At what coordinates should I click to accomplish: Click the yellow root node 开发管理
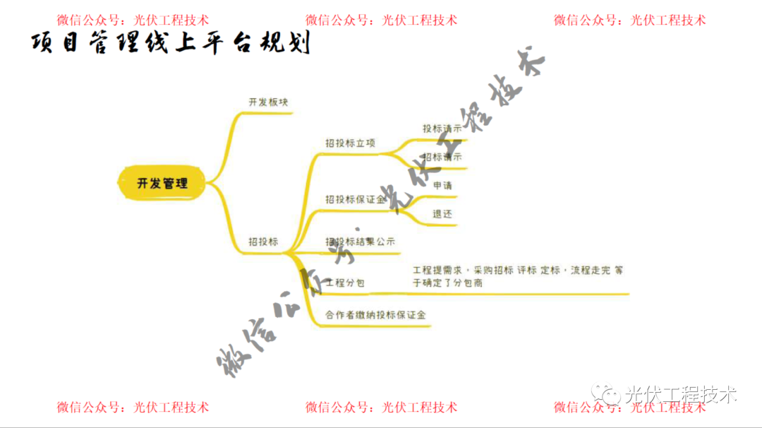pos(162,184)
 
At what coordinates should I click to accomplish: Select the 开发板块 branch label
pos(268,102)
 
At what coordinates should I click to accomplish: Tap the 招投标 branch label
pos(263,242)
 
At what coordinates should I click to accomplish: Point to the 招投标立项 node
pos(350,143)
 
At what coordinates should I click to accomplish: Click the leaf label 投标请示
pos(442,129)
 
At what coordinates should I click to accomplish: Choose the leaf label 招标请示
pos(442,157)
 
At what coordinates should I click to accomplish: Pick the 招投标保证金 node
pos(355,200)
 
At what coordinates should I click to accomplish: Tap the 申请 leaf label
pos(442,186)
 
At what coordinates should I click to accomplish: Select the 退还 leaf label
pos(442,213)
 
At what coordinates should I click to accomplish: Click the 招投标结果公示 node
pos(360,242)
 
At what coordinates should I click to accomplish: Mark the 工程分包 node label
pos(345,283)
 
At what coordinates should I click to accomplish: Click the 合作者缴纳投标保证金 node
pos(375,315)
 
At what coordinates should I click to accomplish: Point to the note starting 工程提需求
pos(518,276)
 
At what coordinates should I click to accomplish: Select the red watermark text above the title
pos(133,20)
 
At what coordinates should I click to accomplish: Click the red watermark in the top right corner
pos(629,20)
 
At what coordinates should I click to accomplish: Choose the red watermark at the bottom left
pos(133,407)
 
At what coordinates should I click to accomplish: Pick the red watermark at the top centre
pos(381,20)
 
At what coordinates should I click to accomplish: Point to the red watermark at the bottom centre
pos(381,407)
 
